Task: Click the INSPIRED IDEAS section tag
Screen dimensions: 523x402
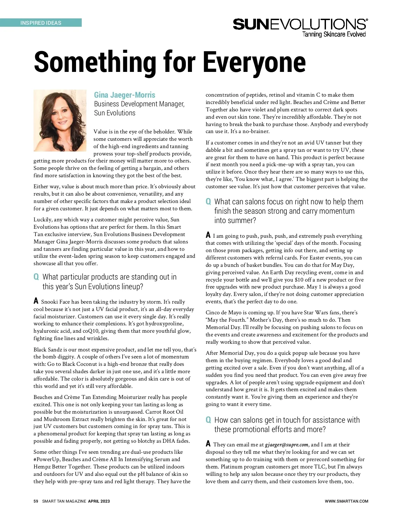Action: pyautogui.click(x=41, y=23)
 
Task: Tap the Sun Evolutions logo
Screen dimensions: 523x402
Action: pyautogui.click(x=300, y=24)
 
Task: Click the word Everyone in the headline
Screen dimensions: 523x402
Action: pyautogui.click(x=255, y=62)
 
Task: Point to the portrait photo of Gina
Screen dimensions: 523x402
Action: pyautogui.click(x=60, y=120)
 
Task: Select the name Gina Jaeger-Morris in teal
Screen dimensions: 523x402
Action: pyautogui.click(x=125, y=95)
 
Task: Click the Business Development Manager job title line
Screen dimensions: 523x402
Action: pyautogui.click(x=139, y=104)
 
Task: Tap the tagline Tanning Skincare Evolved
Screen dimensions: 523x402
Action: pyautogui.click(x=334, y=34)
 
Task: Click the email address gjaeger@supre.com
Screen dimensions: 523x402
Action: pyautogui.click(x=286, y=445)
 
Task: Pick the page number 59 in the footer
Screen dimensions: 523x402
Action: pyautogui.click(x=36, y=501)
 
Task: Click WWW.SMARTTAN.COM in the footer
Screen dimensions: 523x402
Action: pyautogui.click(x=346, y=501)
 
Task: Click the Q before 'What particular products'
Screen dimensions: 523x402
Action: pyautogui.click(x=36, y=277)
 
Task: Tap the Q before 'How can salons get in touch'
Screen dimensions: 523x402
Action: pyautogui.click(x=208, y=420)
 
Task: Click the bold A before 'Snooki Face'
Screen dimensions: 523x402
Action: pyautogui.click(x=36, y=301)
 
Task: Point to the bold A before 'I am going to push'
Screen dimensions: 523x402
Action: pyautogui.click(x=208, y=235)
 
